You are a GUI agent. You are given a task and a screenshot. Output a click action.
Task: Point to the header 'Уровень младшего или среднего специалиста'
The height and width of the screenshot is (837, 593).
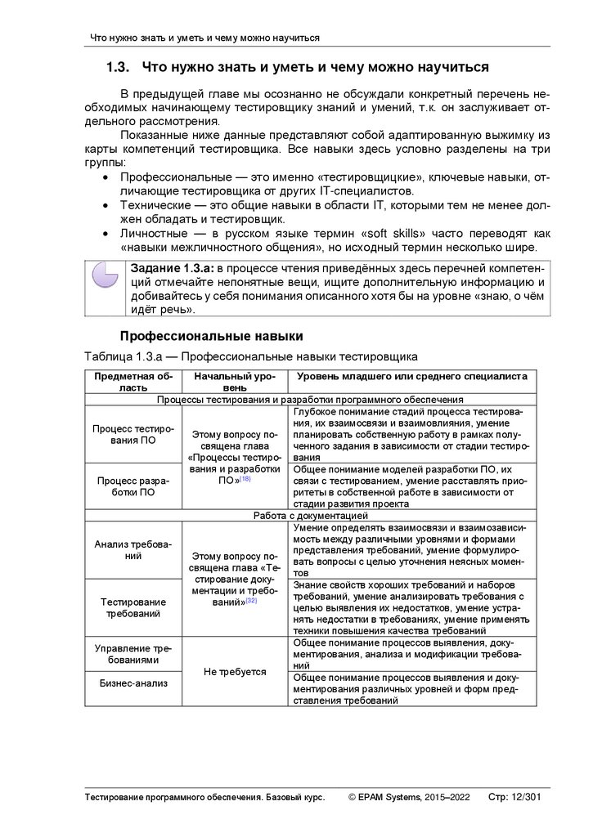tap(411, 375)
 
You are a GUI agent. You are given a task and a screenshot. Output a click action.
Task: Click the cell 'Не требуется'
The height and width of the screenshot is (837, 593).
tap(235, 671)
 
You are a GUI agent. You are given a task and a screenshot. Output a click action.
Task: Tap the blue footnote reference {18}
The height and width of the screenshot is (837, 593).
tap(245, 479)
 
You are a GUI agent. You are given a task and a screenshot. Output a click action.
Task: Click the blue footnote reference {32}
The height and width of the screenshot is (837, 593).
tap(251, 601)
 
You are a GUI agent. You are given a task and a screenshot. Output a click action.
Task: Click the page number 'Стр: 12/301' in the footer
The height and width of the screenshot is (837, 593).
tap(513, 796)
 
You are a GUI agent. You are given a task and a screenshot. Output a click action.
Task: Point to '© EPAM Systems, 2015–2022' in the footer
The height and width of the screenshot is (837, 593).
tap(409, 796)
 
